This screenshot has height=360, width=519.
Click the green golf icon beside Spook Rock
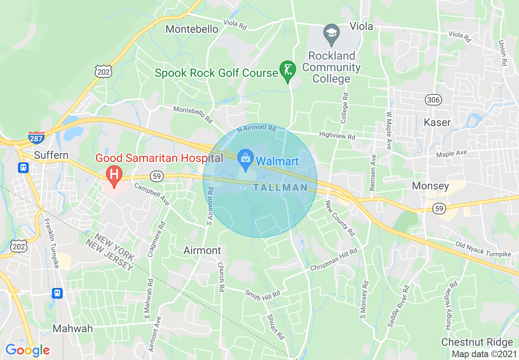click(x=288, y=70)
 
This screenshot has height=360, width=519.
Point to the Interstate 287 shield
click(x=36, y=138)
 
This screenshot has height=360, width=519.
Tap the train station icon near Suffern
click(x=23, y=168)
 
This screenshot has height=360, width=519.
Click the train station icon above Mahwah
click(x=57, y=293)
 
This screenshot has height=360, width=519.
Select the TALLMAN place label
click(x=280, y=188)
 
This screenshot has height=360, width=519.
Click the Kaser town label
click(x=437, y=122)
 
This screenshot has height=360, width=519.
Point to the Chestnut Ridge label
click(x=477, y=342)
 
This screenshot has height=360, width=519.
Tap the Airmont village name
click(x=202, y=250)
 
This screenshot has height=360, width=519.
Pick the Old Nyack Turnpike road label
click(x=483, y=249)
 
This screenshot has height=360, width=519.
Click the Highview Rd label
click(x=337, y=136)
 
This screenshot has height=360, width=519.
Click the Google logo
click(x=27, y=350)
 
